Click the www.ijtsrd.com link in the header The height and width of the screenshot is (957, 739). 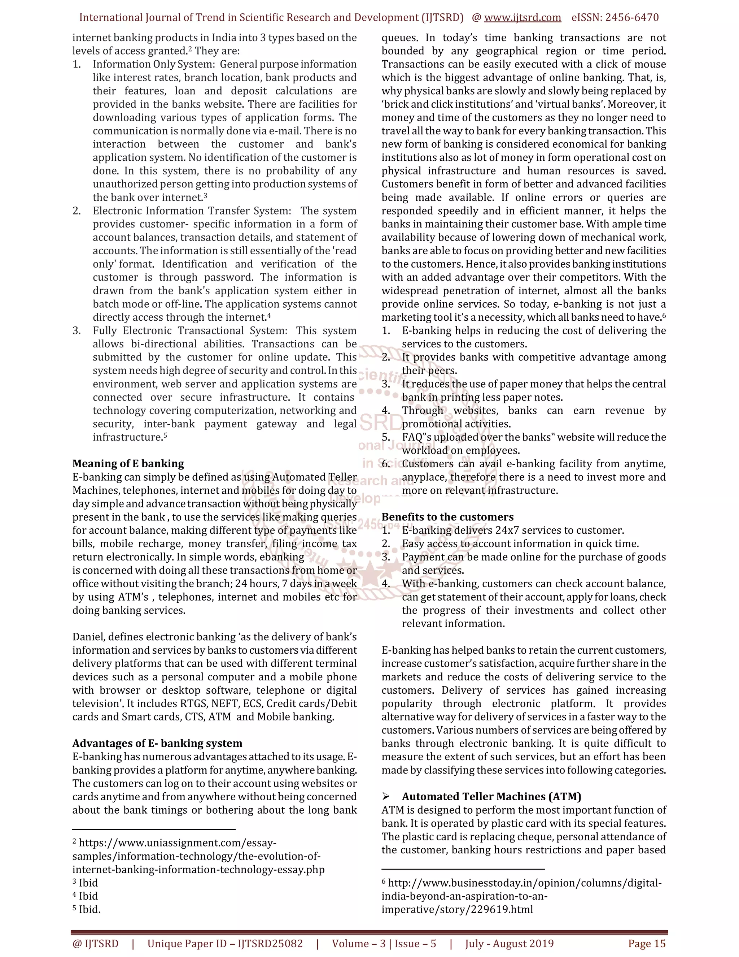[522, 18]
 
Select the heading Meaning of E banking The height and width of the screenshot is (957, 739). [128, 464]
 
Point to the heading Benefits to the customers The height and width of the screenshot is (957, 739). [447, 517]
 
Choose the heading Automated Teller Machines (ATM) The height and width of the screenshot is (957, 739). [491, 797]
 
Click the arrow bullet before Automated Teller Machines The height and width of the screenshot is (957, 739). [386, 797]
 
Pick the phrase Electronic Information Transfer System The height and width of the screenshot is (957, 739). [191, 211]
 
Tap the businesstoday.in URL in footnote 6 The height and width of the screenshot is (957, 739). [521, 896]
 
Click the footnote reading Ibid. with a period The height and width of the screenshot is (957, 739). [89, 909]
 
